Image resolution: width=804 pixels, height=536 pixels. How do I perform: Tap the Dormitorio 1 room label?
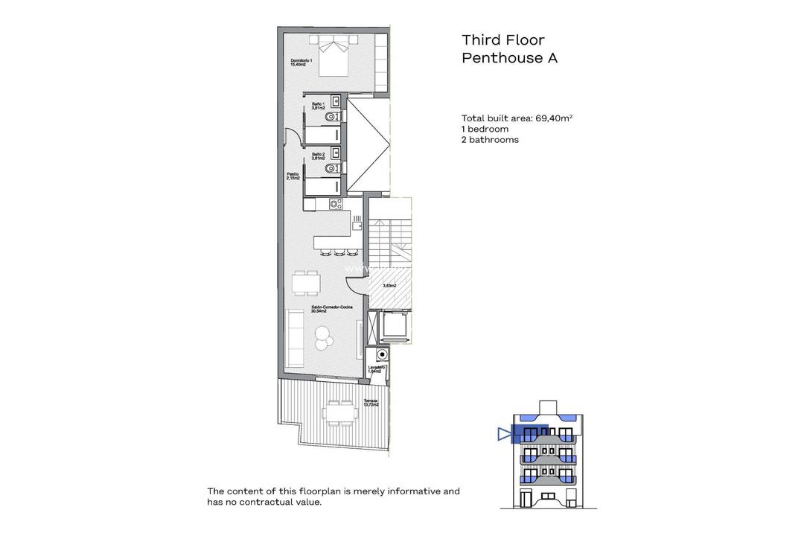[x=301, y=63]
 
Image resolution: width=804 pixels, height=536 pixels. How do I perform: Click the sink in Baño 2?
[x=336, y=153]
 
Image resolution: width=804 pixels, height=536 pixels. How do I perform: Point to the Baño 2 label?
[x=319, y=156]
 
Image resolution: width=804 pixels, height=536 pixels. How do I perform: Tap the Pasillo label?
[x=293, y=176]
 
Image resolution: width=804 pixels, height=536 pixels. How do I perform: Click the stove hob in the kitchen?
[x=335, y=203]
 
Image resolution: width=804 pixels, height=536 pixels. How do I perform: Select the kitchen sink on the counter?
[x=357, y=220]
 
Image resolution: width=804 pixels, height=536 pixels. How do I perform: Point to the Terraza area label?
[x=370, y=403]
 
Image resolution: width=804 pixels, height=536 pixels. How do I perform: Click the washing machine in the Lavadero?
[x=382, y=355]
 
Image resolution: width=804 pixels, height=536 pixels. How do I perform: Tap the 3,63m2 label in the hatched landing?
[x=389, y=286]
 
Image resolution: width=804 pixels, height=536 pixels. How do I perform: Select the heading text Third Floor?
[x=502, y=40]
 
